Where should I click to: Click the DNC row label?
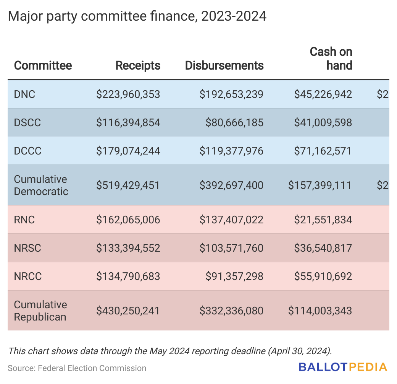(x=24, y=94)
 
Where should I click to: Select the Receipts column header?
(x=138, y=65)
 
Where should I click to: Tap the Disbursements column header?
(x=224, y=65)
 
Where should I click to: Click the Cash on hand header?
(x=331, y=59)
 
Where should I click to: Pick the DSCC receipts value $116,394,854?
(x=128, y=122)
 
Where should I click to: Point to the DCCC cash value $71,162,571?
(x=323, y=151)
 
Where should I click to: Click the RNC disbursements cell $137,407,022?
(x=231, y=220)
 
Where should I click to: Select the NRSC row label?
(x=27, y=248)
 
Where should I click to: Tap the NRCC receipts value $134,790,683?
(x=128, y=276)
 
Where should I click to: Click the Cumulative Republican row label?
(x=40, y=311)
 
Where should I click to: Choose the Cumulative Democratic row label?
(x=41, y=185)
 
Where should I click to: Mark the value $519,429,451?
(x=128, y=185)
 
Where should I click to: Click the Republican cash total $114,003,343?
(x=320, y=311)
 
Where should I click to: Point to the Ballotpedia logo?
(x=343, y=367)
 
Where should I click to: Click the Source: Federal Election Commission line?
(x=77, y=368)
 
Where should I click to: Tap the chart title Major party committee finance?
(x=137, y=16)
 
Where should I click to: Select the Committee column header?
(x=43, y=65)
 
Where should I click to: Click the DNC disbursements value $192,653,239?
(x=231, y=94)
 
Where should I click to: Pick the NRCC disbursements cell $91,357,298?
(x=234, y=276)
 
